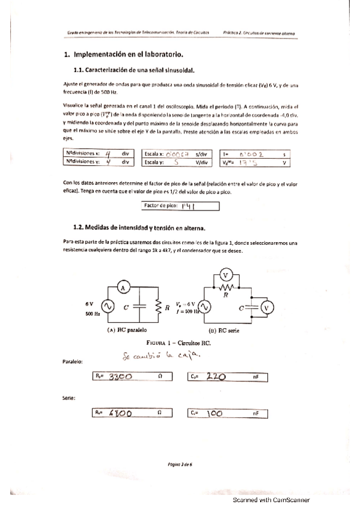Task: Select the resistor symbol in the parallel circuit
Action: tap(159, 307)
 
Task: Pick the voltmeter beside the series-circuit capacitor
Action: tap(269, 308)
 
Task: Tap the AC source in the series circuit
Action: tap(204, 307)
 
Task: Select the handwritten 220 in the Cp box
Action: tap(215, 376)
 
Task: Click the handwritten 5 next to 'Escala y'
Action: tap(177, 162)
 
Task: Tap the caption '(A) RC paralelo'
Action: tap(127, 330)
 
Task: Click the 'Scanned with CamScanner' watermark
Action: tap(271, 499)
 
